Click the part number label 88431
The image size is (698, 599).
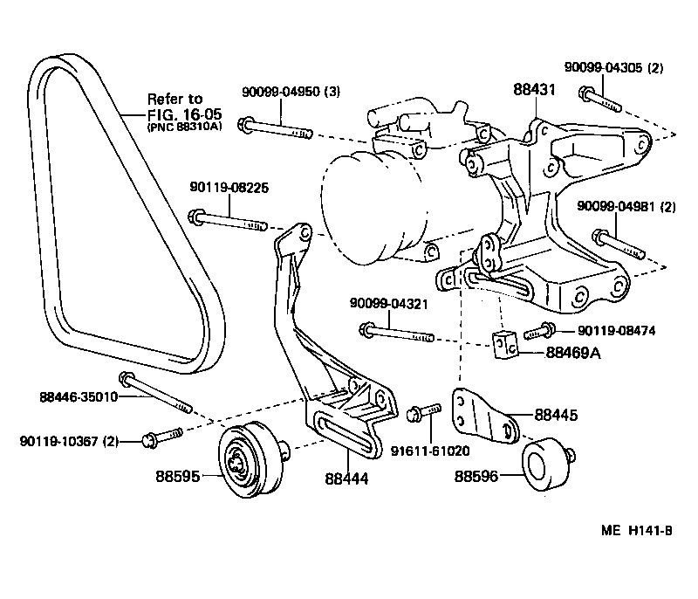click(534, 89)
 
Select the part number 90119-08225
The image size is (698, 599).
click(226, 186)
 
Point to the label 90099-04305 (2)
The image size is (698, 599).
click(613, 66)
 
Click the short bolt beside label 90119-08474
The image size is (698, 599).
click(539, 330)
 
